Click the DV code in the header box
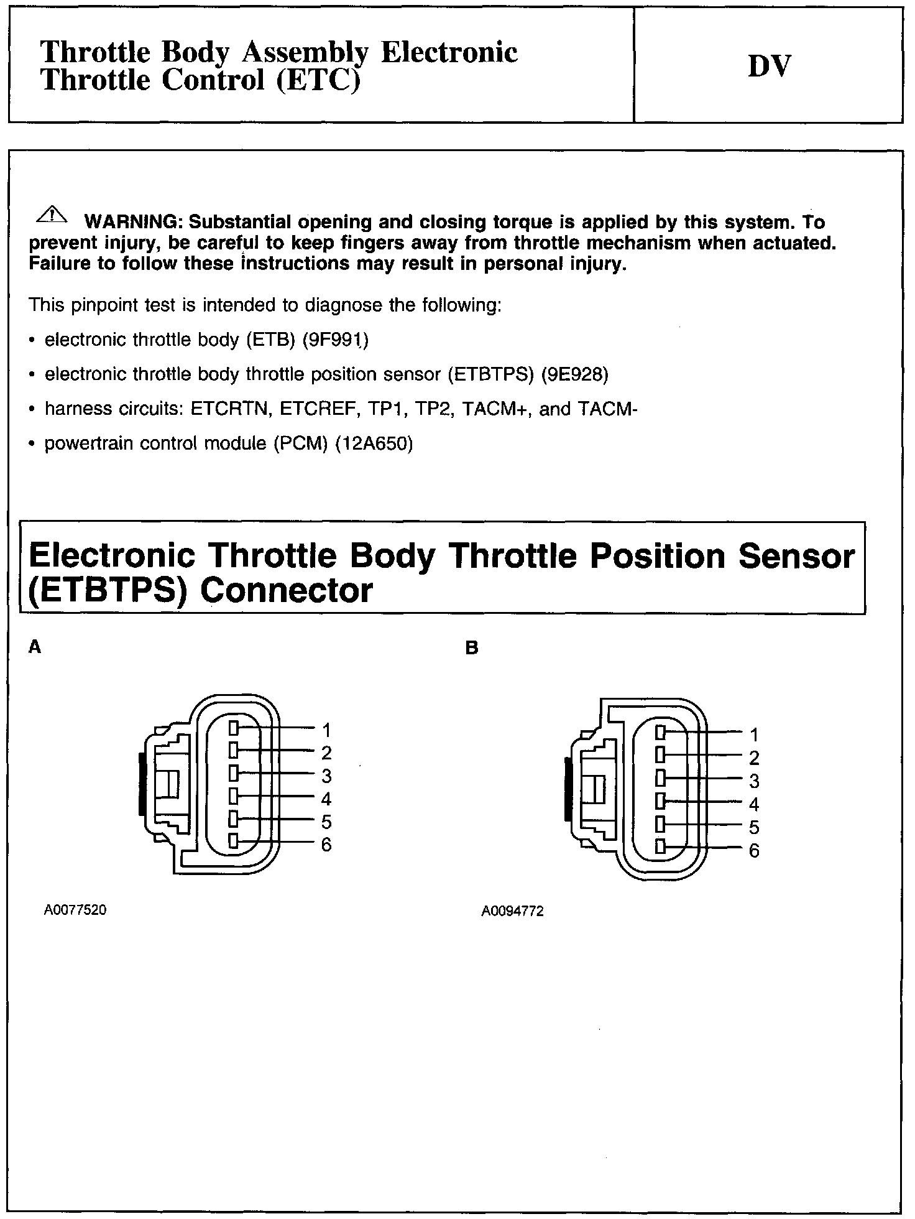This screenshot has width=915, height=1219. click(x=769, y=66)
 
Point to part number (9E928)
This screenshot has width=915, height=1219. click(x=575, y=374)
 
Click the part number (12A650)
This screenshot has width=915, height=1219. click(x=374, y=443)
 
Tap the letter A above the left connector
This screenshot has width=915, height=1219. click(x=35, y=647)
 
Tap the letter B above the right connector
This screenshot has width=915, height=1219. click(x=472, y=648)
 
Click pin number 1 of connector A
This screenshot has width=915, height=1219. click(x=326, y=730)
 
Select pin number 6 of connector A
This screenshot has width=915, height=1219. click(x=326, y=845)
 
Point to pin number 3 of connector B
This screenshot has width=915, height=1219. click(x=754, y=781)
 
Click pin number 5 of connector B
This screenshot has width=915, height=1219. click(x=754, y=827)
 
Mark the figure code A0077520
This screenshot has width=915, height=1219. click(x=75, y=911)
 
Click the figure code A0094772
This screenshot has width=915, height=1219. click(x=513, y=912)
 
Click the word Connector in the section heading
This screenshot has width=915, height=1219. click(x=286, y=590)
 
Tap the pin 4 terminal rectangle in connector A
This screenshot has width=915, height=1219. click(x=234, y=796)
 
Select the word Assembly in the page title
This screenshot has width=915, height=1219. click(x=304, y=52)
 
